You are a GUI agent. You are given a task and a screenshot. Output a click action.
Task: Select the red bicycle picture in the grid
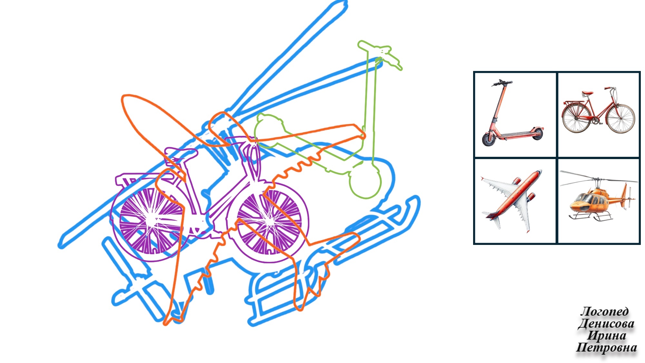coord(599,110)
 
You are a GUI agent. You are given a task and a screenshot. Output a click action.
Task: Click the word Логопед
coord(605,311)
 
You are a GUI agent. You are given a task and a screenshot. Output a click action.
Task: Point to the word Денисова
coord(606,324)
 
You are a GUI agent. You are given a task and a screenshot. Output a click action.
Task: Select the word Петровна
coord(606,348)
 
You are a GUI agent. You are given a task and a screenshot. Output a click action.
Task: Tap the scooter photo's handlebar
coord(501,83)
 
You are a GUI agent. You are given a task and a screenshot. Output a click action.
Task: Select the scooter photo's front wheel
coord(489,139)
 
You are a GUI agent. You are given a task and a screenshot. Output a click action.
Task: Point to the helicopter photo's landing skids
coord(590,217)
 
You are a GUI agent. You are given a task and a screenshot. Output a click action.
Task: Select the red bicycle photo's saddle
coord(587,93)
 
